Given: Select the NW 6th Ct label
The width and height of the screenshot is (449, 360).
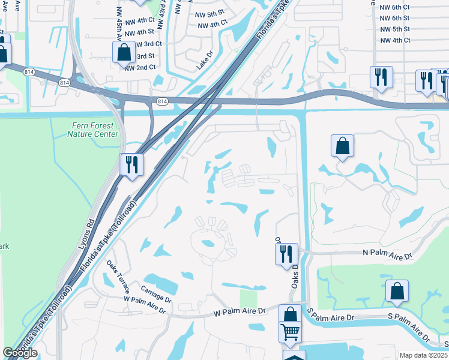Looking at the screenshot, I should (394, 8).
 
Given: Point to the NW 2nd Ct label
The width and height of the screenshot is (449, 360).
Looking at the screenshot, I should (140, 67).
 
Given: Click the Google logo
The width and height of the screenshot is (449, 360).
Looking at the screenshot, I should (20, 353).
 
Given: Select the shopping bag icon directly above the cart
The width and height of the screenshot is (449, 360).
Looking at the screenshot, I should (290, 314).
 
